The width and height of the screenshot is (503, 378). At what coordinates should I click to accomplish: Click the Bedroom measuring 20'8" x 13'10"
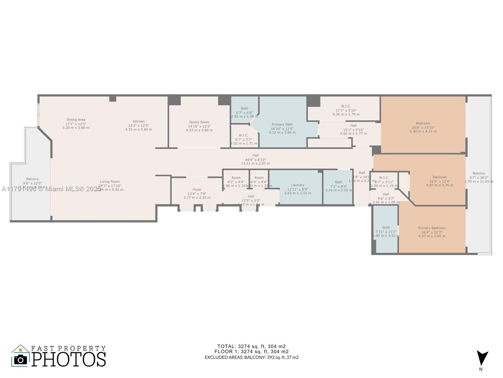(x=423, y=127)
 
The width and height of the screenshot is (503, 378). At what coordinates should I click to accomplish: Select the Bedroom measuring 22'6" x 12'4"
(x=439, y=181)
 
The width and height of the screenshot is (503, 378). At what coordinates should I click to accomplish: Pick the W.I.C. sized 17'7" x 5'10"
(x=346, y=110)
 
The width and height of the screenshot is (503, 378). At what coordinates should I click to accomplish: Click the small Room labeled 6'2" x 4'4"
(x=236, y=181)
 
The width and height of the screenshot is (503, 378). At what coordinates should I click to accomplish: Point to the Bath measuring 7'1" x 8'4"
(x=339, y=186)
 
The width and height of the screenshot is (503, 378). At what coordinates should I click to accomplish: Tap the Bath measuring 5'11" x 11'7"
(x=386, y=232)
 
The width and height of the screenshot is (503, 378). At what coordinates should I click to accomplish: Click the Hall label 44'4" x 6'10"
(x=255, y=159)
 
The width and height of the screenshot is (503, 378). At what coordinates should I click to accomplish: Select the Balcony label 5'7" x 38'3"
(x=478, y=177)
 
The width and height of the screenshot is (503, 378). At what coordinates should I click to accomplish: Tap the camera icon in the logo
(x=21, y=359)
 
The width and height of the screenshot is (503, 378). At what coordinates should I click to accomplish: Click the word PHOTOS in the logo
(x=69, y=359)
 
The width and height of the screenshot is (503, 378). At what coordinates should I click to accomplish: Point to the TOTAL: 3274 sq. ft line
(x=251, y=346)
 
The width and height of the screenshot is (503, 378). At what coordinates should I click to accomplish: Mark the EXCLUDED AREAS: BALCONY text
(x=251, y=357)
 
